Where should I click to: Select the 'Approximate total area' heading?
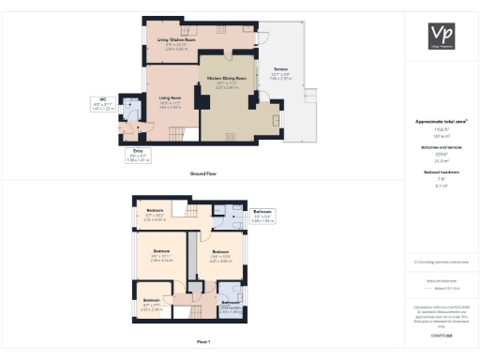[x=441, y=122]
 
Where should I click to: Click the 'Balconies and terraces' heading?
[x=441, y=146]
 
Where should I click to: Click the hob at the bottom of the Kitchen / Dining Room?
[x=232, y=137]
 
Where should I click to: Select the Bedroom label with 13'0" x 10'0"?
[x=220, y=255]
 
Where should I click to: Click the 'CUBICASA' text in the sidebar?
[x=441, y=335]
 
